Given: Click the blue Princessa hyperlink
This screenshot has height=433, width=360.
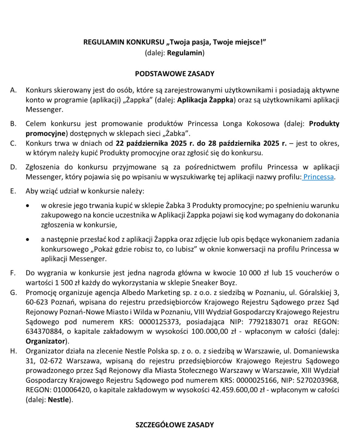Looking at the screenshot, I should click(318, 177).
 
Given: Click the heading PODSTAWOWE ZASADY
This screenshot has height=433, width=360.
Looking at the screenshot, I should click(175, 74).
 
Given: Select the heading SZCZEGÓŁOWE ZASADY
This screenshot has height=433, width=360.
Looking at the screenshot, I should click(175, 425).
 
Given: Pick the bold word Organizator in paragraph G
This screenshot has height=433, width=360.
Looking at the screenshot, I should click(46, 341).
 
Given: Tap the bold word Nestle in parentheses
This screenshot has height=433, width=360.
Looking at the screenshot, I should click(58, 400).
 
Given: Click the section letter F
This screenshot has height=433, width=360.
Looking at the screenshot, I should click(13, 273).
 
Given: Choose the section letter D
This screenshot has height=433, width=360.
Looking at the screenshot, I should click(13, 167).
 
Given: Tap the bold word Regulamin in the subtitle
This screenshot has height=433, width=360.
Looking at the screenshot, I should click(185, 53).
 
